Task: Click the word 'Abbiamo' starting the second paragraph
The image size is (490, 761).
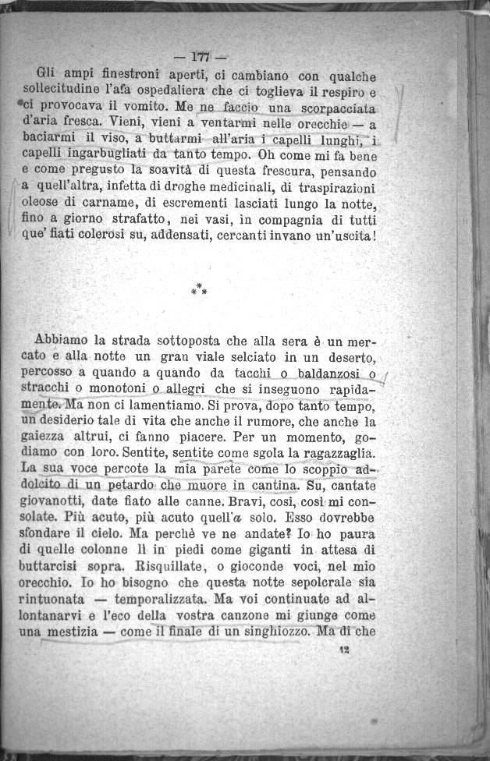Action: click(61, 341)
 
